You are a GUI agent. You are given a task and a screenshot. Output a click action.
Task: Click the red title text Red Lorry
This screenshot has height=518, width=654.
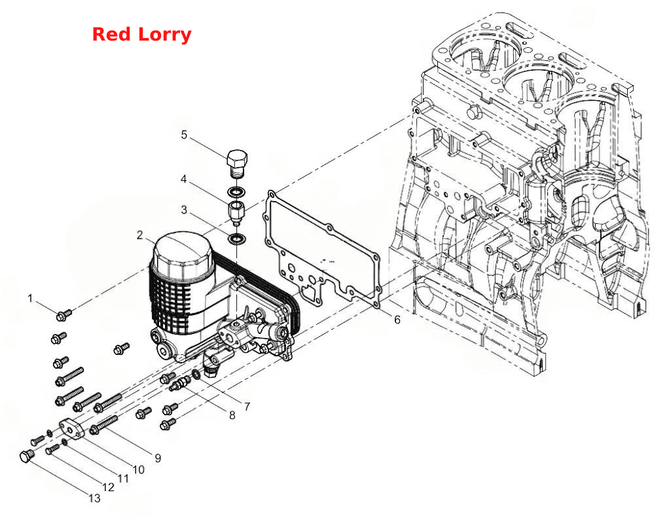click(x=141, y=35)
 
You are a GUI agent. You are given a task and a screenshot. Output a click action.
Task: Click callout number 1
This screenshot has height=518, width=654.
click(x=29, y=298)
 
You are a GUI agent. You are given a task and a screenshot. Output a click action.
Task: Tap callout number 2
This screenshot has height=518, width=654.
click(x=139, y=235)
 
